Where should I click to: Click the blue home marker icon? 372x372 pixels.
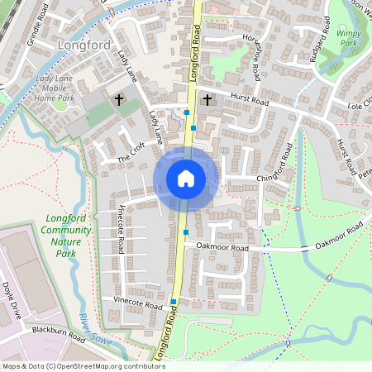(x=186, y=178)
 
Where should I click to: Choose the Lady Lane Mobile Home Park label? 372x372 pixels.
(x=66, y=88)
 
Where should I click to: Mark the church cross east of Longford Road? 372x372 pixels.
(x=207, y=101)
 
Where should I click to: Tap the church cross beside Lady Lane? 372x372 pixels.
(x=118, y=101)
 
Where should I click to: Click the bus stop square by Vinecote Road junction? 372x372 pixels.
(x=174, y=302)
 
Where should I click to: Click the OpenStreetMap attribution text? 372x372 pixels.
(x=72, y=365)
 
